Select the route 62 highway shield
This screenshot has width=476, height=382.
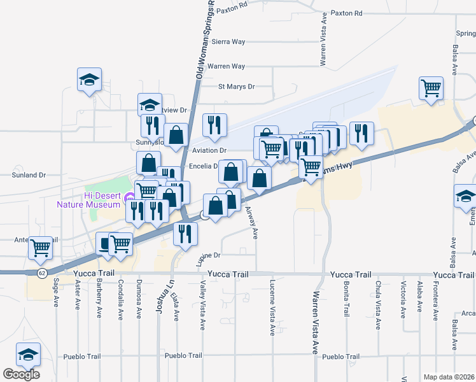(41, 273)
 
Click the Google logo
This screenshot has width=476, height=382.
(21, 374)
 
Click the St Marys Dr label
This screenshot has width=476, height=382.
(236, 87)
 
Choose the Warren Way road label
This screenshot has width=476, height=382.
(226, 66)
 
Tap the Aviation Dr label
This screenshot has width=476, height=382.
(209, 150)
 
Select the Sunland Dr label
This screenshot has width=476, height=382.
(29, 174)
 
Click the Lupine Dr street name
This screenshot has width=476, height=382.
(207, 255)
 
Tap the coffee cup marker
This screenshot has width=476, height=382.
(104, 243)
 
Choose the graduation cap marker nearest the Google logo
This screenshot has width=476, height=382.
(28, 355)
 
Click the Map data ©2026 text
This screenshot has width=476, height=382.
(449, 377)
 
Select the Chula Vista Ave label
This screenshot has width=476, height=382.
(378, 304)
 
